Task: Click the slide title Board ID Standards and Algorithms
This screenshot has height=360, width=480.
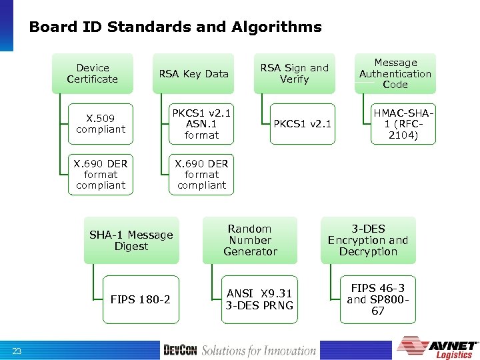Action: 175,27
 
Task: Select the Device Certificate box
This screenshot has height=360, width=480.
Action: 93,73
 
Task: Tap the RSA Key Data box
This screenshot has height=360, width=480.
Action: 193,73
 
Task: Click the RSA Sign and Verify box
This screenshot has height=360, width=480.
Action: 294,73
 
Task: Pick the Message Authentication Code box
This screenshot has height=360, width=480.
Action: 395,73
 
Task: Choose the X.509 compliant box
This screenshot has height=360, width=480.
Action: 101,124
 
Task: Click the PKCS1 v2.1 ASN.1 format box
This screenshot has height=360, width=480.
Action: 201,124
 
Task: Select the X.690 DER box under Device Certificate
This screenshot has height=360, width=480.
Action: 101,174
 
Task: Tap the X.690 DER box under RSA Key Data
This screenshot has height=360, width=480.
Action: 201,174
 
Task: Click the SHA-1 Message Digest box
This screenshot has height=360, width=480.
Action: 131,240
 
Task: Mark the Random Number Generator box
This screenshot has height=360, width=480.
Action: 250,240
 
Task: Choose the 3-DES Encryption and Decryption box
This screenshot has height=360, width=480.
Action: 368,240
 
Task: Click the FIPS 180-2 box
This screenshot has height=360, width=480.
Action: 140,299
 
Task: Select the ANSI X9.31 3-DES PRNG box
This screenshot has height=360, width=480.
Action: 259,299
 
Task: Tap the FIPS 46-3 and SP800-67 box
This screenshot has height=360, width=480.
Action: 377,299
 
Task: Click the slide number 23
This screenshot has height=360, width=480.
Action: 17,351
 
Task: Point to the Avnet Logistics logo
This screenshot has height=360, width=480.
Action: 437,347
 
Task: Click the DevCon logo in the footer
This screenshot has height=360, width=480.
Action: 180,350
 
